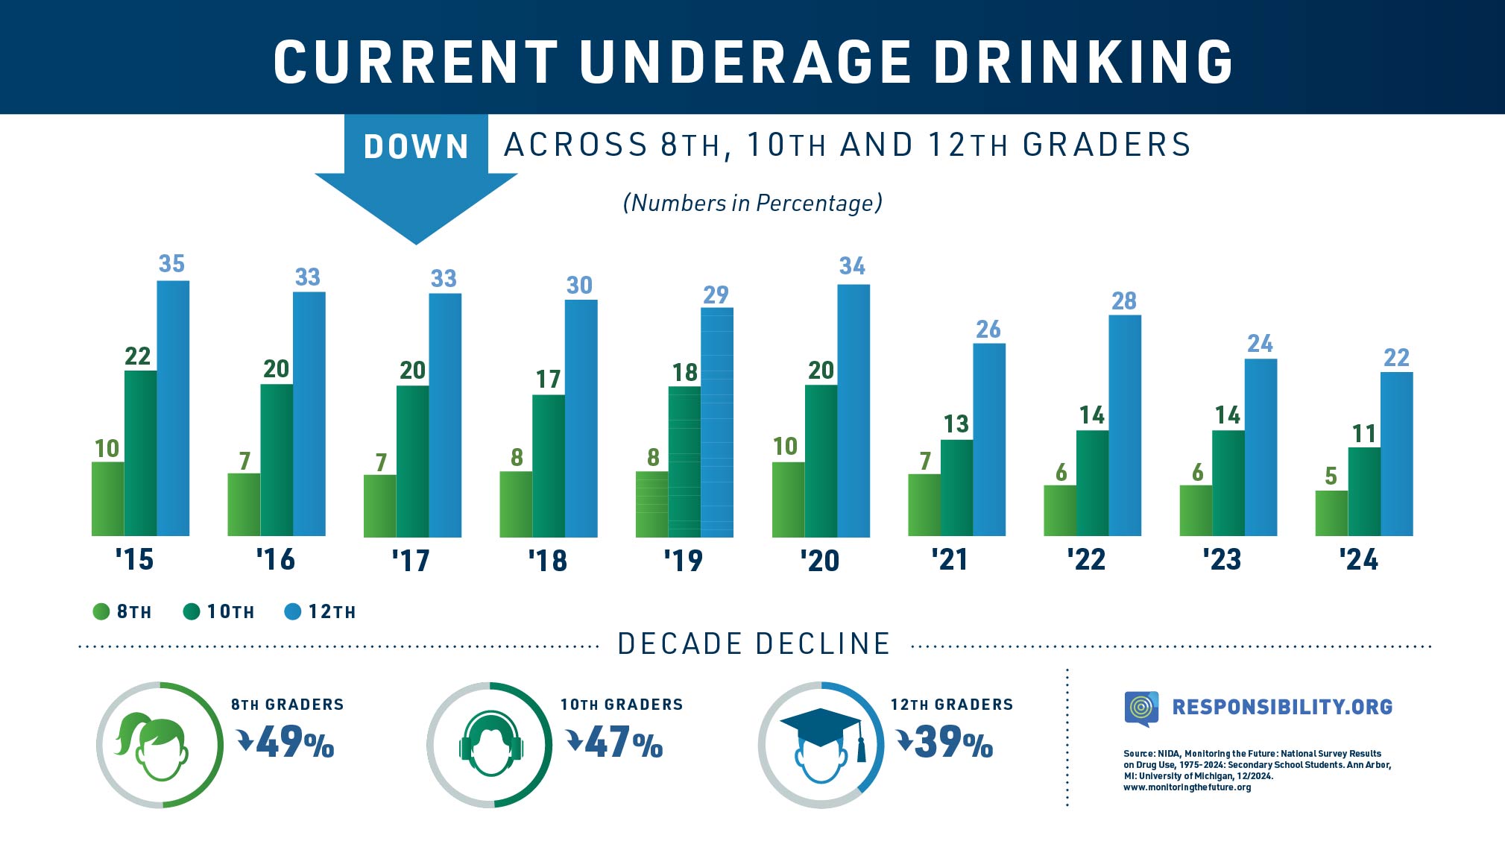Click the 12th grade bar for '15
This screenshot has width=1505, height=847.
point(173,408)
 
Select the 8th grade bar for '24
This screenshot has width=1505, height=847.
point(1331,513)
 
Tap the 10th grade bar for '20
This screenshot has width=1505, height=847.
point(821,461)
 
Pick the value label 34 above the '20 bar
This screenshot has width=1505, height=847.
point(852,266)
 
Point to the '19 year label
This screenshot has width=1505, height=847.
point(683,560)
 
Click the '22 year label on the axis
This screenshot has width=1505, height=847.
point(1085,559)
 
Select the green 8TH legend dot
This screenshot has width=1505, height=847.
point(101,612)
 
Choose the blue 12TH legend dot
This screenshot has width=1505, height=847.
point(293,612)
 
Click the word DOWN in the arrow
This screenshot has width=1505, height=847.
point(416,146)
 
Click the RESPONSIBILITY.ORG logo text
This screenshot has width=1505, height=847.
point(1281,707)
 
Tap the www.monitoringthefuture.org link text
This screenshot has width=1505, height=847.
point(1187,787)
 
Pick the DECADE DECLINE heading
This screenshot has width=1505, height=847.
point(754,644)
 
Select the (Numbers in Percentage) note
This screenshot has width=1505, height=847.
point(752,203)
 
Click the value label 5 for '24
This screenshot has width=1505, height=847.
point(1331,476)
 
